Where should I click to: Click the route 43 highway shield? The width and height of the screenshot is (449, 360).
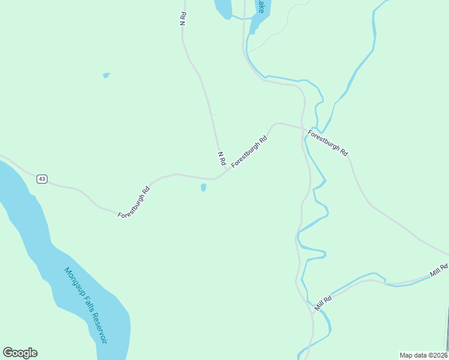41,179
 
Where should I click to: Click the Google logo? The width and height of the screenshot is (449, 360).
20,353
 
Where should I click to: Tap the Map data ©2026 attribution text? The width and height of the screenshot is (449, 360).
424,355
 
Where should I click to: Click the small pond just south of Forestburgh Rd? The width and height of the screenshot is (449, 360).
203,188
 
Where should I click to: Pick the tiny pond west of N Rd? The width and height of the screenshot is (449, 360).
106,75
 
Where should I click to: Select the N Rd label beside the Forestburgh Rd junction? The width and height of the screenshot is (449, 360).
221,158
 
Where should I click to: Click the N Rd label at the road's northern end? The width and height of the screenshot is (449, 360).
183,18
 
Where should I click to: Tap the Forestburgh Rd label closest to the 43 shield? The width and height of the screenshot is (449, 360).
133,202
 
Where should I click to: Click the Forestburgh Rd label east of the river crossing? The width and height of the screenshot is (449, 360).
328,143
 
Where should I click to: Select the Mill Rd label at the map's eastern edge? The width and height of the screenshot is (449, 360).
439,271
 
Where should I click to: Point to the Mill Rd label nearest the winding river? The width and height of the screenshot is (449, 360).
323,303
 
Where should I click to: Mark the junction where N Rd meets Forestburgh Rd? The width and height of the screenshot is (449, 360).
226,172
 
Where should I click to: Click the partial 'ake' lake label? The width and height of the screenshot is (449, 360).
261,7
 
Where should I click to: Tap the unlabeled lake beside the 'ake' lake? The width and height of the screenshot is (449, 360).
223,8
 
